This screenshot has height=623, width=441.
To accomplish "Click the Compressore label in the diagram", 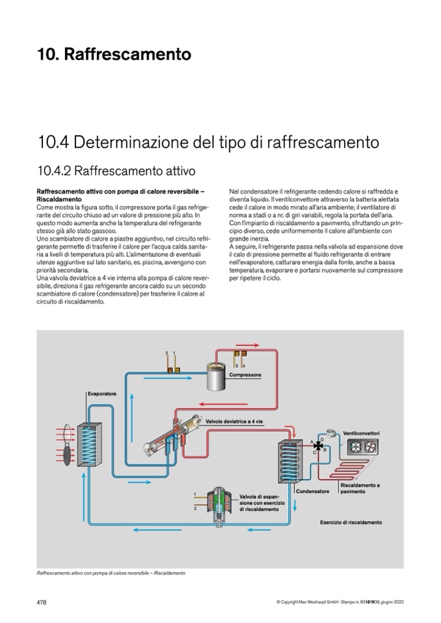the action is [245, 375].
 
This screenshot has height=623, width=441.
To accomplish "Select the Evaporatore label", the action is [102, 394].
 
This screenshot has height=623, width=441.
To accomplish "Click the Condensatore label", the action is [313, 491].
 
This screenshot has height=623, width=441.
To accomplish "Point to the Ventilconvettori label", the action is [361, 433].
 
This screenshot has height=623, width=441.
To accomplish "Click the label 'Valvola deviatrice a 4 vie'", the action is [234, 421].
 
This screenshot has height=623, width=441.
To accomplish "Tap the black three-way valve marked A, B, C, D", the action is [318, 446].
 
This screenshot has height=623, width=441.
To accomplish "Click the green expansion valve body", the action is [218, 502].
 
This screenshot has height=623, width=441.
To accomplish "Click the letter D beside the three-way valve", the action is [322, 439].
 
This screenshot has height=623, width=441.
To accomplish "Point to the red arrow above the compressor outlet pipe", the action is [247, 345].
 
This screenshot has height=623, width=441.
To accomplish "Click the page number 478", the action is [42, 602].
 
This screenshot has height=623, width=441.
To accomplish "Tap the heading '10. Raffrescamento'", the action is [114, 54].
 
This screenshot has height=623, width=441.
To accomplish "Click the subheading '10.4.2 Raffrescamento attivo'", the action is [116, 171].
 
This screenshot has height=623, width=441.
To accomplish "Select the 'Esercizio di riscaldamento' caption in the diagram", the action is [351, 522].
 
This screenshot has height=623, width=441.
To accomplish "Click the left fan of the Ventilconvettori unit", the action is [355, 448].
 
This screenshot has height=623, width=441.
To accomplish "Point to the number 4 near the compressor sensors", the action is [244, 366].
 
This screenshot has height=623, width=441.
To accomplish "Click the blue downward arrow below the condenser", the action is [295, 505].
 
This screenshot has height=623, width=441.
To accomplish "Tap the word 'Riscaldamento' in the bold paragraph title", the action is [59, 199].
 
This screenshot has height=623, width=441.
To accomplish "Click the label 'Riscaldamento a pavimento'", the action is [360, 489].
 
